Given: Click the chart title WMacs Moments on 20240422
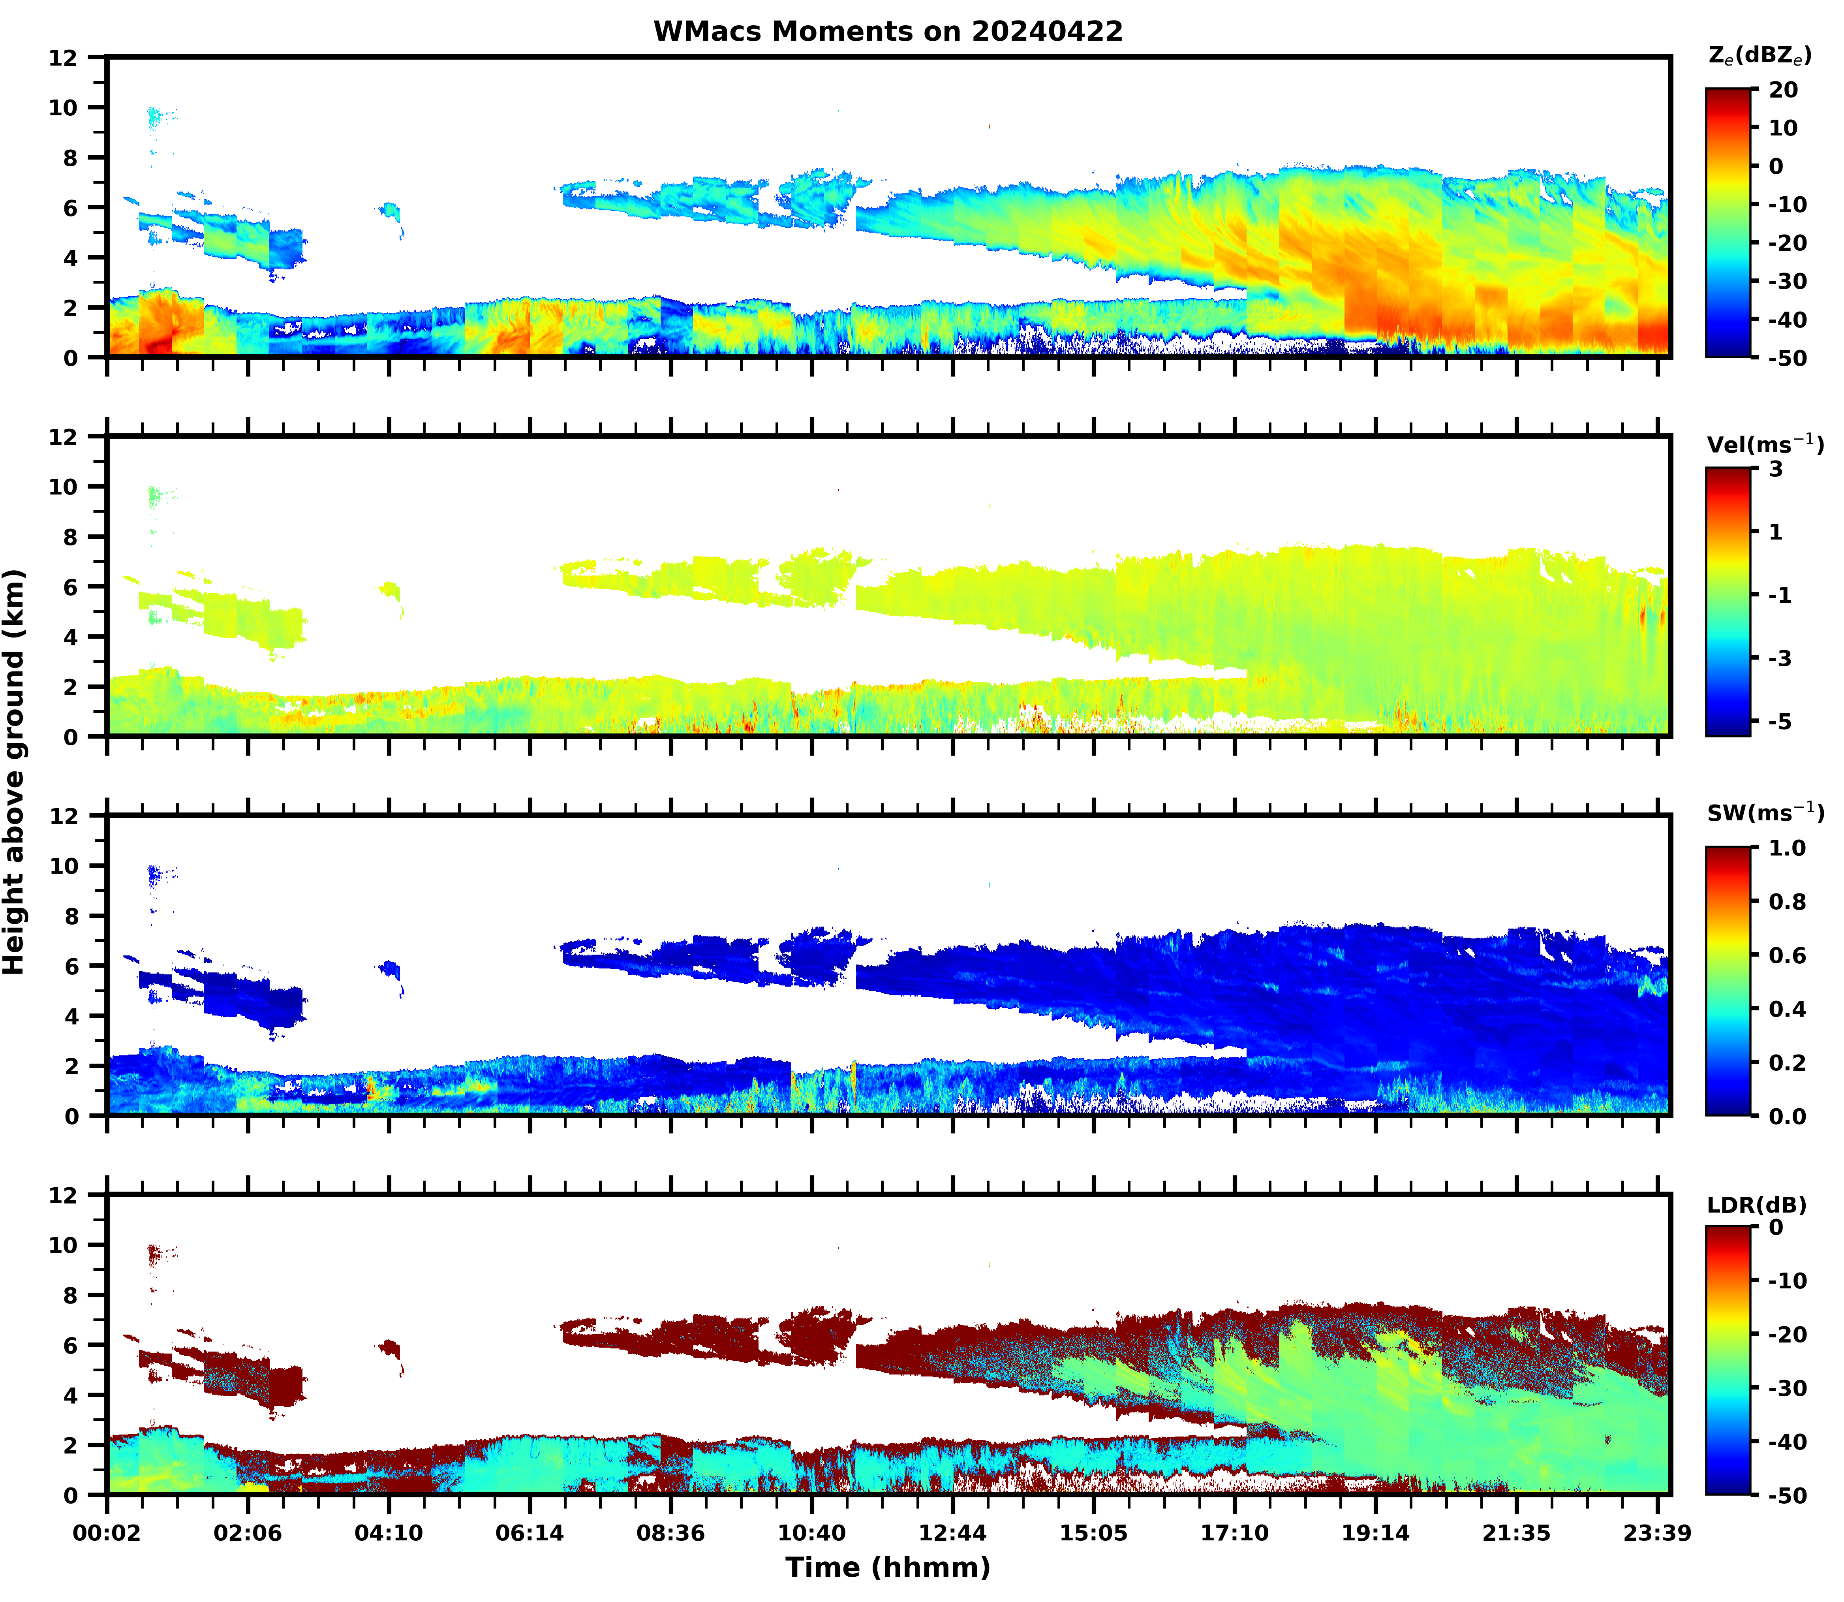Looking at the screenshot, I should point(888,31).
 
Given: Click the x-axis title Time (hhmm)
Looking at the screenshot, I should point(888,1566).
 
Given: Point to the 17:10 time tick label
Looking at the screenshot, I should point(1234,1533).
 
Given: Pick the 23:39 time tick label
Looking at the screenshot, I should point(1656,1533).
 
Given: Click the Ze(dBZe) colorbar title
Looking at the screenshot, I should point(1759,55).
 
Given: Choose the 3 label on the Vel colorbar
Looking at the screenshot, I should point(1775,469).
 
